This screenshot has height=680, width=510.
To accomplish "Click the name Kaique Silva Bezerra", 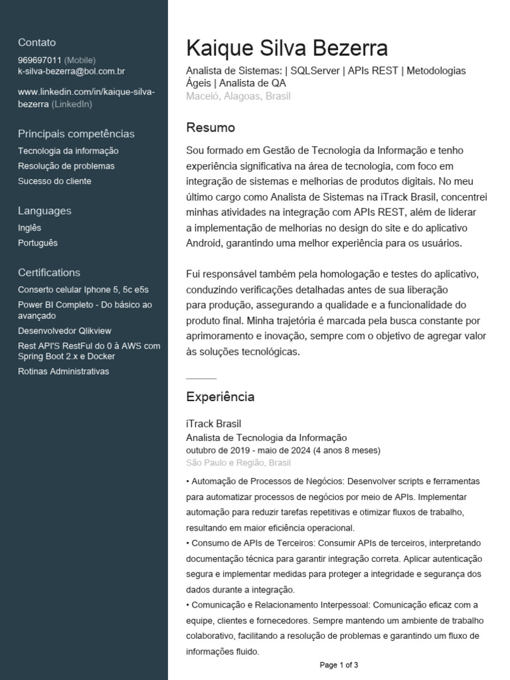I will [287, 48].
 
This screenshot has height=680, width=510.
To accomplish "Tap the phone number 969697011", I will [40, 60].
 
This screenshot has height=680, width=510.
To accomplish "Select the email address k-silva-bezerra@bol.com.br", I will [72, 70].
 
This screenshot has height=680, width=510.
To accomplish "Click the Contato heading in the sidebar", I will [37, 42].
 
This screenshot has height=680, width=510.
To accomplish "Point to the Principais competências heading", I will [76, 133].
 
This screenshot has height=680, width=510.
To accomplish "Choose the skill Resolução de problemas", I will [66, 166].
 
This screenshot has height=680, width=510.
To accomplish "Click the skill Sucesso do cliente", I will [54, 181].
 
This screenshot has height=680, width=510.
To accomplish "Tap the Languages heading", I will [44, 211].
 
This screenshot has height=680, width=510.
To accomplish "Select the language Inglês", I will [29, 228].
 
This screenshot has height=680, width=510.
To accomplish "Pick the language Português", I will [38, 242].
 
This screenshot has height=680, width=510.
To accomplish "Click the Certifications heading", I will [49, 272].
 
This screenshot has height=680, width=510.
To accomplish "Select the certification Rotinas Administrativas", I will [64, 371].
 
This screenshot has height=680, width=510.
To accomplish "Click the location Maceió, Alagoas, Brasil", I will [238, 96].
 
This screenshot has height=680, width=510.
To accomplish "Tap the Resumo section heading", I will [211, 127].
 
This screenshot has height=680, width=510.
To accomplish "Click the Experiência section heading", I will [220, 396].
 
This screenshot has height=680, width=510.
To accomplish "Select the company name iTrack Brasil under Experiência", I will [214, 424].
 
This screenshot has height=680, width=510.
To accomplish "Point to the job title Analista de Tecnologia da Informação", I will [267, 438].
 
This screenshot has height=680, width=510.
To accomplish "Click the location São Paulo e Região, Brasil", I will [238, 462].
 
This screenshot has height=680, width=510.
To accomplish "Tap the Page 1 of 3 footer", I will [339, 665].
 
